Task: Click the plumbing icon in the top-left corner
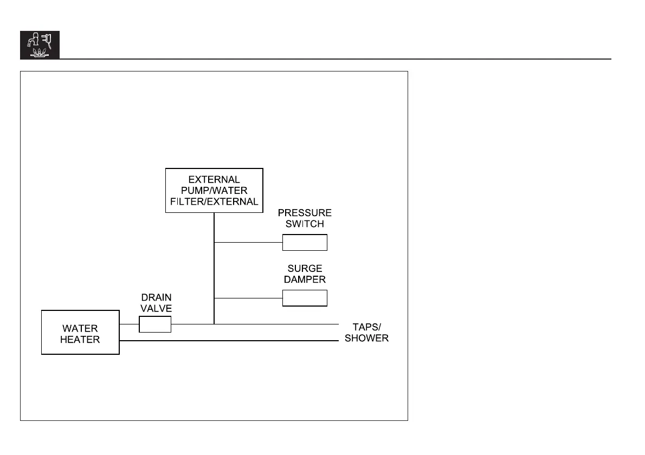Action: click(x=40, y=45)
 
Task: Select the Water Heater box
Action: click(x=80, y=333)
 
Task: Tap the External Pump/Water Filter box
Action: click(x=214, y=191)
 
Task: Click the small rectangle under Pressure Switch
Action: click(x=305, y=243)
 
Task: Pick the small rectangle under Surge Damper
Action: click(x=305, y=298)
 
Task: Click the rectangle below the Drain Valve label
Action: click(x=156, y=324)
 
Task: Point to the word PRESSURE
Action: click(x=305, y=213)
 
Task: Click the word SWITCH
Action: click(x=305, y=224)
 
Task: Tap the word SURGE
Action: click(x=305, y=269)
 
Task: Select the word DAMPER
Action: click(x=305, y=279)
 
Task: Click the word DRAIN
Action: click(x=156, y=297)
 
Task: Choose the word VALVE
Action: click(x=156, y=308)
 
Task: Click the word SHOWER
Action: click(x=367, y=338)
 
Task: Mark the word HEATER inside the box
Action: click(x=80, y=340)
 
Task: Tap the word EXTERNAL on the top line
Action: click(x=214, y=179)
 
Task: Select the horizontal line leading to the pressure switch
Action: click(x=248, y=243)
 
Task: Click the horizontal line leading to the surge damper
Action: click(x=248, y=298)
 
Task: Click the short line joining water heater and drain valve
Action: click(x=129, y=324)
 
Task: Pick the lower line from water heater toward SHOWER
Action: click(x=228, y=341)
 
